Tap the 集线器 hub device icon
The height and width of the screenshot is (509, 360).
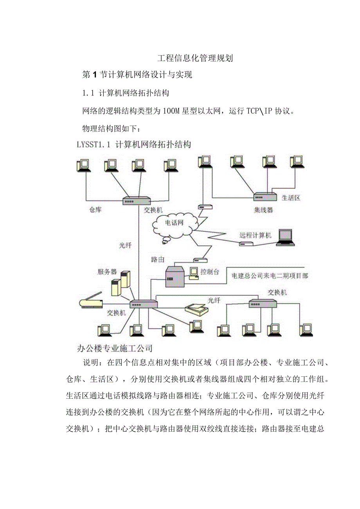tap(265, 197)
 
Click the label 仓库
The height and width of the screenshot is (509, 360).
tap(95, 210)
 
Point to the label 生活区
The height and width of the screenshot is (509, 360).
tap(292, 198)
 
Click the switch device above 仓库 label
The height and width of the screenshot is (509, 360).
tap(136, 201)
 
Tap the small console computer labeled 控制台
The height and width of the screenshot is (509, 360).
tap(193, 273)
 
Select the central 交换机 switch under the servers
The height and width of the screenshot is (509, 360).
tap(144, 304)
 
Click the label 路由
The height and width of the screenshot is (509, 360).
tap(157, 259)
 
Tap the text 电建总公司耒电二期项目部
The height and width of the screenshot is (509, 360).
tap(270, 276)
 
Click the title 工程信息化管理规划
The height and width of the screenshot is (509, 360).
tap(195, 58)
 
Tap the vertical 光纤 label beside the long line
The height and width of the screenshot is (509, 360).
tap(125, 246)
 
